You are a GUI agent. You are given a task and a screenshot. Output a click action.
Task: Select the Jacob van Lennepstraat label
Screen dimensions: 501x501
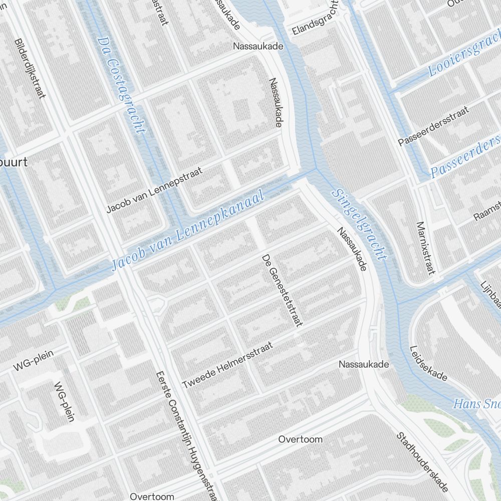pos(154,190)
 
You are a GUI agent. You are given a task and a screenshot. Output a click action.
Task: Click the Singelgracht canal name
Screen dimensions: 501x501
pos(360,225)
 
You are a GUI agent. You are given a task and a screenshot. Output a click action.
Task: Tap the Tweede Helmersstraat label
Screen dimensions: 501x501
pos(228,365)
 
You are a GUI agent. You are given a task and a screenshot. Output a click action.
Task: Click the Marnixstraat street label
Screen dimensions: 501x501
pos(424,248)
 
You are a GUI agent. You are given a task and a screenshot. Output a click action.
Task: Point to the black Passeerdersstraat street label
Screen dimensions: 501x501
pos(433,126)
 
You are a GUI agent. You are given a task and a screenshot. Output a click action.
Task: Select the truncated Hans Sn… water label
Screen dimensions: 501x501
pos(476,404)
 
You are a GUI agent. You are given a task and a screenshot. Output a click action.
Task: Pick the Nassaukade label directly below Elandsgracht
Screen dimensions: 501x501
pos(258,46)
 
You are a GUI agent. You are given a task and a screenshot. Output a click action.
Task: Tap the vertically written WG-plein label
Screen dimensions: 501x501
pos(64,401)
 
